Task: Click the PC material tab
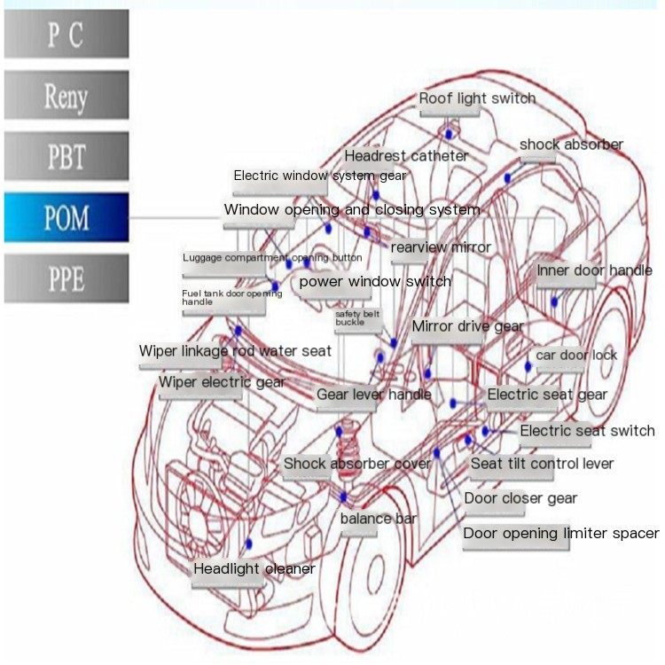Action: point(66,34)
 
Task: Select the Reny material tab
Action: point(66,95)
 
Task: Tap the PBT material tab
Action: point(66,156)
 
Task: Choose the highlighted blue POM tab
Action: point(66,217)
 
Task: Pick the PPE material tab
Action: point(66,278)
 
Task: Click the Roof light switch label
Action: point(477,98)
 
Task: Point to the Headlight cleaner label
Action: point(254,568)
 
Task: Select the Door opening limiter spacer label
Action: point(561,534)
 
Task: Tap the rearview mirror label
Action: point(441,247)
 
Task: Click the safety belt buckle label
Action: point(357,318)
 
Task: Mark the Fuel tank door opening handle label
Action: point(232,298)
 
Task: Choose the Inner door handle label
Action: point(595,270)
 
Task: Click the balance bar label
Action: point(379,519)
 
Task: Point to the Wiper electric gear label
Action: point(222,382)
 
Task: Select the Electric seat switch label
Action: point(587,431)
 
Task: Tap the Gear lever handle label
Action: point(374,395)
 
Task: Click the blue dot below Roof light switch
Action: point(449,135)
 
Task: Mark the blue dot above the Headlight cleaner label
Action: point(249,544)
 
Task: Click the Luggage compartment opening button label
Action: point(272,258)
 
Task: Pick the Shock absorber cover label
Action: point(357,464)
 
